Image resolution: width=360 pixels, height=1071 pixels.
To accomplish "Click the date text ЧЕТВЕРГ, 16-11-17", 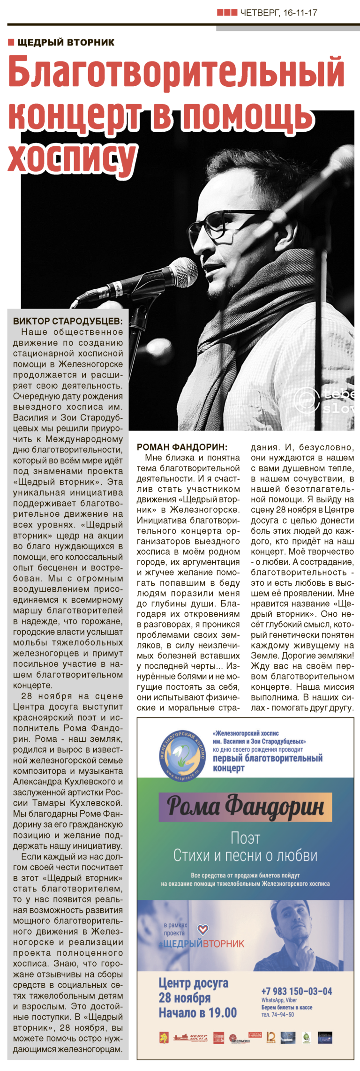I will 278,13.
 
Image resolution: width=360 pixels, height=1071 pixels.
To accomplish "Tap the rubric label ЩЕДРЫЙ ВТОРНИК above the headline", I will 66,43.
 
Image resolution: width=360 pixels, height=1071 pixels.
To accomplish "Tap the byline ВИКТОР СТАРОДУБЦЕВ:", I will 67,321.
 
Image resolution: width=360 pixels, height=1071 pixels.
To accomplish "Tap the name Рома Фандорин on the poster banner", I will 246,806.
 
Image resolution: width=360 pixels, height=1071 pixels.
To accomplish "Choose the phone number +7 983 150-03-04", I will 296,991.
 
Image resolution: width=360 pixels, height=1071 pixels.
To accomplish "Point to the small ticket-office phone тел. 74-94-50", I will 278,1014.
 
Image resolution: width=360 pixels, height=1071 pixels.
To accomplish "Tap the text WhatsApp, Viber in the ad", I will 279,1000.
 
